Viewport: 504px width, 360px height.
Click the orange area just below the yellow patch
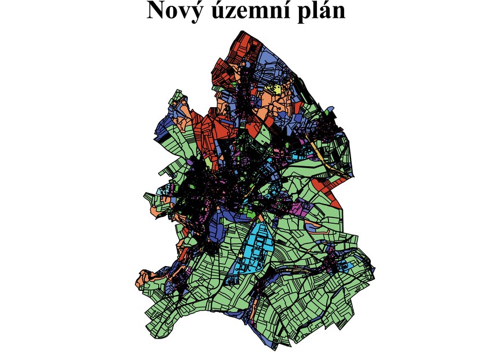(272, 102)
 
